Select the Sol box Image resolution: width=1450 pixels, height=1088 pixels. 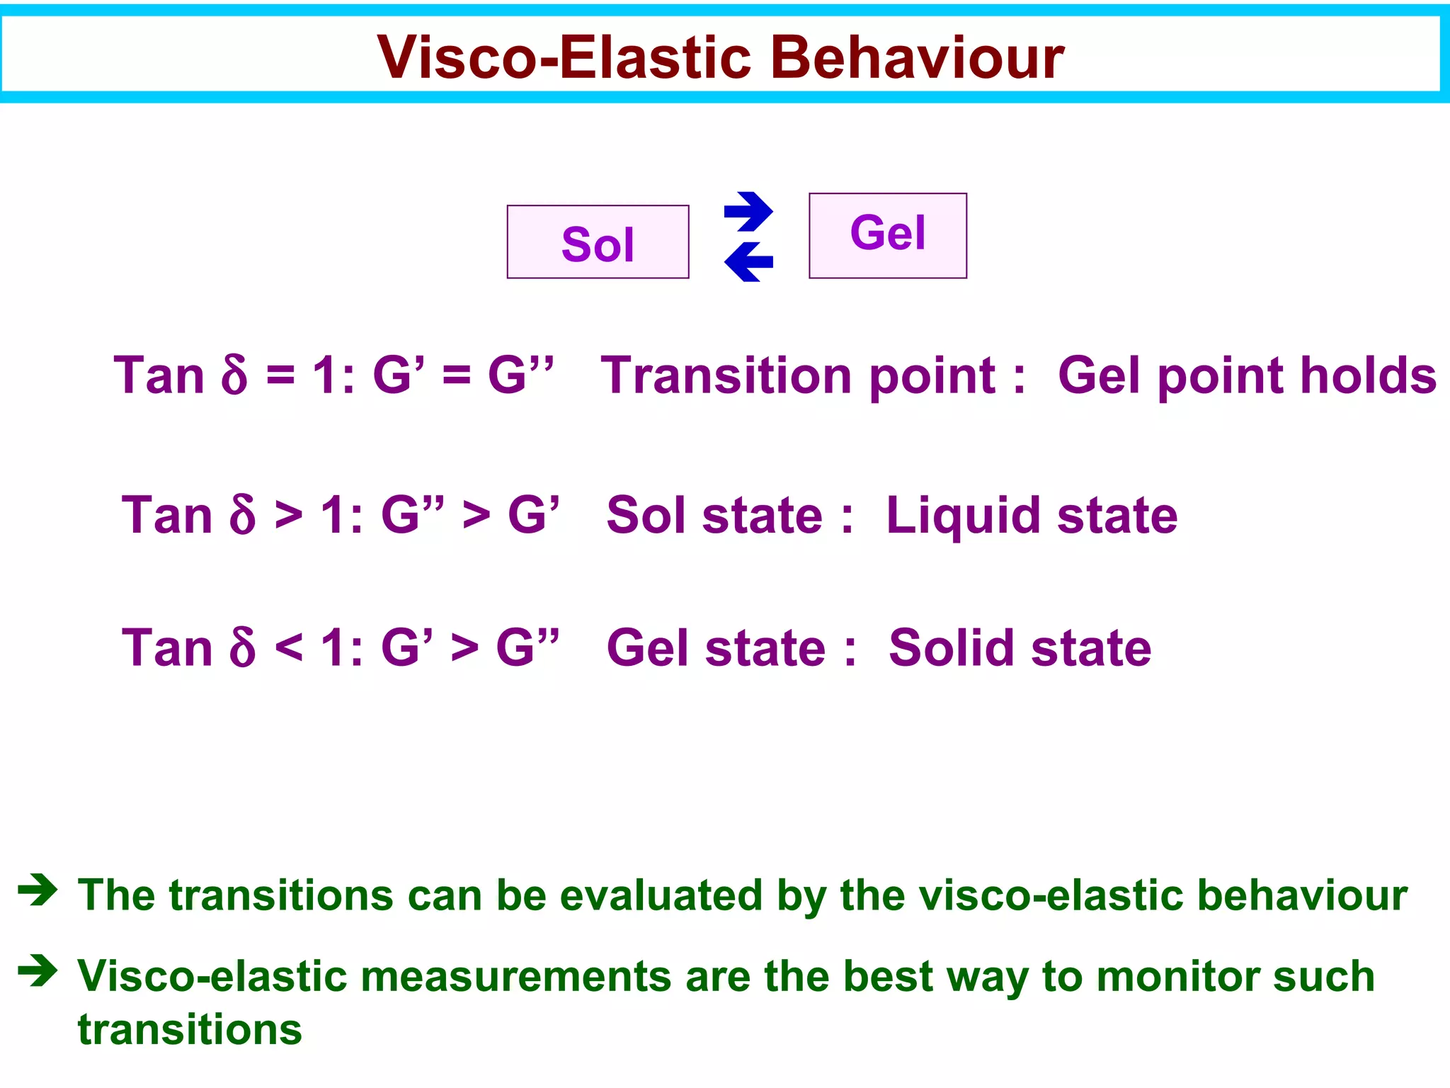tap(598, 242)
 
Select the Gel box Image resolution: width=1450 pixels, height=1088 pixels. tap(887, 235)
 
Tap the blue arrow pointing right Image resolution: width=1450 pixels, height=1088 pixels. tap(749, 211)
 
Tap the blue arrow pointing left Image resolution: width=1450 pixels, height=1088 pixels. tap(748, 262)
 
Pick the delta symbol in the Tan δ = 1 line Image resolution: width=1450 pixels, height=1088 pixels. tap(234, 375)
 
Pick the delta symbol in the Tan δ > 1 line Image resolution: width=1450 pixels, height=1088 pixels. tap(242, 516)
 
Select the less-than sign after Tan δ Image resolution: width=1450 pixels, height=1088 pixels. tap(288, 648)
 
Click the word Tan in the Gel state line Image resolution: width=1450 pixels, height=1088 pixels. tap(167, 648)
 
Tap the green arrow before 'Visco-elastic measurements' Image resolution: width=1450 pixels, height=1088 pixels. tap(38, 970)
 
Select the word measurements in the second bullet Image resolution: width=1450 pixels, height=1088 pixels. tap(515, 976)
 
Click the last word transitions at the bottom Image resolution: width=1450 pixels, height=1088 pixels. tap(190, 1030)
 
